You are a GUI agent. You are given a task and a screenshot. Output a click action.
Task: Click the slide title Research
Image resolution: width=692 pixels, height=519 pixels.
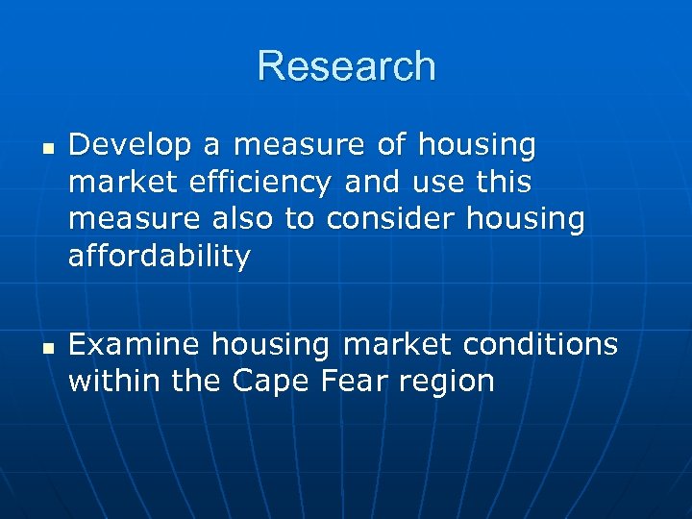click(x=346, y=66)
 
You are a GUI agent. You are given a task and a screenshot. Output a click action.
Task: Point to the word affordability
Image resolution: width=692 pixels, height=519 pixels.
click(x=160, y=256)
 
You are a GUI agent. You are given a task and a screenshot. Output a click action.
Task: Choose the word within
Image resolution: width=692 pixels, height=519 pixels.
click(x=115, y=381)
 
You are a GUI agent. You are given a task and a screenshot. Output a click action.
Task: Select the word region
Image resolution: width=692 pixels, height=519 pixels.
click(x=447, y=381)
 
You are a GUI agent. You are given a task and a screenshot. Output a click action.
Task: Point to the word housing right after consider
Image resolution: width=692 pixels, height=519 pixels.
click(x=526, y=219)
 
